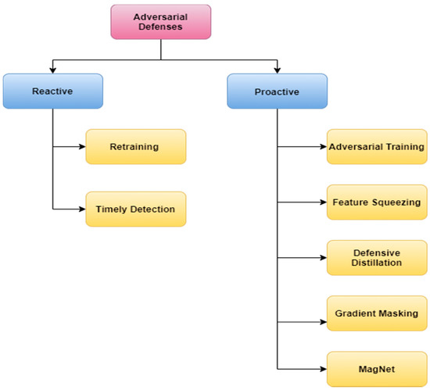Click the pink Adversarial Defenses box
coord(160,21)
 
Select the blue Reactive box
coord(52,91)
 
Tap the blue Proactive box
coord(277,91)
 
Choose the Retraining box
coord(136,146)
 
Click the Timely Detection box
coord(136,209)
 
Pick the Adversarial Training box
coord(376,146)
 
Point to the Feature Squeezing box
coord(376,202)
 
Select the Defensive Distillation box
coord(376,257)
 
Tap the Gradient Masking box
coord(376,313)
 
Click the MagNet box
coord(376,368)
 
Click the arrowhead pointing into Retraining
coord(81,146)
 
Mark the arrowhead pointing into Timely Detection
coord(81,209)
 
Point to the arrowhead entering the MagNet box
coord(322,368)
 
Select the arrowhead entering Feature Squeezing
coord(322,202)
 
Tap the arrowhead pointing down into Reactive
coord(52,70)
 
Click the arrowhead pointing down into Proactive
coord(277,70)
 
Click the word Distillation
coord(376,263)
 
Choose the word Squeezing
coord(397,202)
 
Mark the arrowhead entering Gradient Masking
coord(322,313)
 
